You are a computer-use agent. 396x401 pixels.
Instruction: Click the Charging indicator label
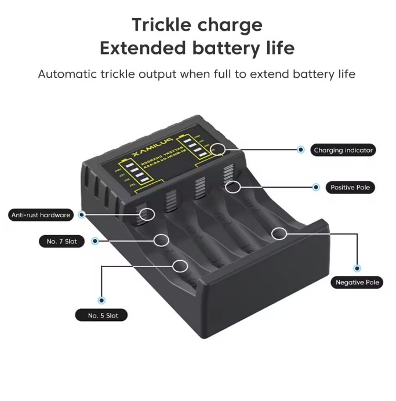[x=344, y=150]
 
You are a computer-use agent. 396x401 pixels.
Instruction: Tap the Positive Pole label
[x=350, y=187]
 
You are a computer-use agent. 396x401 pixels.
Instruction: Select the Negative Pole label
[x=357, y=283]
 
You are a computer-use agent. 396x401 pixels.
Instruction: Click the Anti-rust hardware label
[x=41, y=215]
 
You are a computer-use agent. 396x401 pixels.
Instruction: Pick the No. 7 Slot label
[x=61, y=241]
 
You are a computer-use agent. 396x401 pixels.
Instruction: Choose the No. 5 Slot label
[x=103, y=315]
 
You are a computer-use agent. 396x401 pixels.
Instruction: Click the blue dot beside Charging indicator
[x=300, y=150]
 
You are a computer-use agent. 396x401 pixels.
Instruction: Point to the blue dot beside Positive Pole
[x=316, y=187]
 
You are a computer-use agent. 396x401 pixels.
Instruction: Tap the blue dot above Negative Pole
[x=357, y=268]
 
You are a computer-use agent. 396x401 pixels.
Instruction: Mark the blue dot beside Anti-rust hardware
[x=82, y=215]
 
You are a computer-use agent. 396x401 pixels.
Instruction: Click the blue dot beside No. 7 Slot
[x=95, y=240]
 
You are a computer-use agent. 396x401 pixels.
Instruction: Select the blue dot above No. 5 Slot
[x=102, y=300]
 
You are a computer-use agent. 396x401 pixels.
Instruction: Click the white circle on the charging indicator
[x=218, y=150]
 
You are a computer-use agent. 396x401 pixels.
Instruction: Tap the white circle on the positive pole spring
[x=233, y=187]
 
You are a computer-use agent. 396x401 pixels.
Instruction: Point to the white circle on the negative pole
[x=279, y=234]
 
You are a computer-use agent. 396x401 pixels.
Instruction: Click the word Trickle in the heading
[x=162, y=25]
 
